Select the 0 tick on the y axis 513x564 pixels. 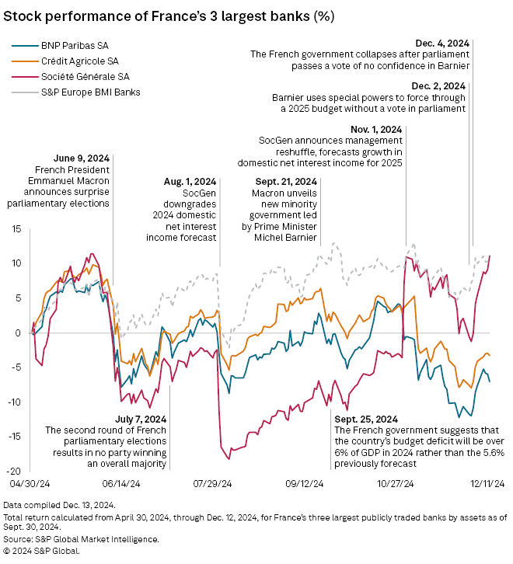pyautogui.click(x=17, y=332)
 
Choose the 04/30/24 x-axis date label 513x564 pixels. pyautogui.click(x=30, y=482)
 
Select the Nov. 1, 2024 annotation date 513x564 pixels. pyautogui.click(x=375, y=128)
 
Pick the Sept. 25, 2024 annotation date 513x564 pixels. pyautogui.click(x=368, y=419)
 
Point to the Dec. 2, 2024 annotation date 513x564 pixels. pyautogui.click(x=438, y=85)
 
